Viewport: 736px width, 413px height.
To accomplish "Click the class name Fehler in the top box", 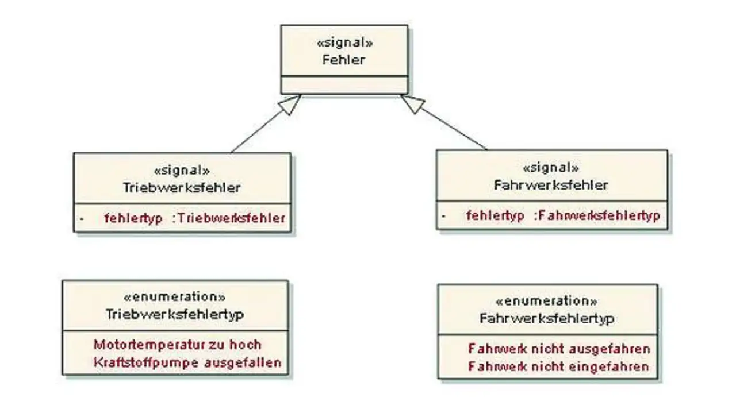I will (x=344, y=59).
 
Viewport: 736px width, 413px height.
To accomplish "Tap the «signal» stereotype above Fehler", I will (x=344, y=43).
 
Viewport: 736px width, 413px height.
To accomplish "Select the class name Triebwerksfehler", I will (x=182, y=188).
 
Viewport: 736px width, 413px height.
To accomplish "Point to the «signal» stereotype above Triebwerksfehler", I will (x=182, y=171).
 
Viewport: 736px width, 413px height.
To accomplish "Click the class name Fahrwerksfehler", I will (x=551, y=186).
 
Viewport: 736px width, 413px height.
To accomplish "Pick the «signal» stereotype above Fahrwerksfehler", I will (x=551, y=168).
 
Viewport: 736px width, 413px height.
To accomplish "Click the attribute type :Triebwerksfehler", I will (x=229, y=218).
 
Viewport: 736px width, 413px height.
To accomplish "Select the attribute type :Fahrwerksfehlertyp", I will (x=597, y=216).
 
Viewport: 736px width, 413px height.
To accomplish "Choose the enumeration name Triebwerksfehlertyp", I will (x=175, y=314).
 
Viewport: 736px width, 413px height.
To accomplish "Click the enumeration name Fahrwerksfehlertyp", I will (x=547, y=318).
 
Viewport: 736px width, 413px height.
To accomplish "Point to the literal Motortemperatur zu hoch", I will (x=177, y=345).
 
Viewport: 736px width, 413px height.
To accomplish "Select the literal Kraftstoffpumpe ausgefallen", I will (x=187, y=362).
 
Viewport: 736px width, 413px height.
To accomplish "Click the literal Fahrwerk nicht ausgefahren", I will (x=559, y=349).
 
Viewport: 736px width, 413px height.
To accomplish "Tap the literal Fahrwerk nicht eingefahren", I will (x=559, y=366).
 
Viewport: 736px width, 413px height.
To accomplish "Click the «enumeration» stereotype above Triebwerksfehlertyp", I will (x=175, y=297).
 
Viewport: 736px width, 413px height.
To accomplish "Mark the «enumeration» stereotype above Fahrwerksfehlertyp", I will (x=547, y=301).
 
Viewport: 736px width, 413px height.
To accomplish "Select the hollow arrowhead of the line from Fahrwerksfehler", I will (x=412, y=104).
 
